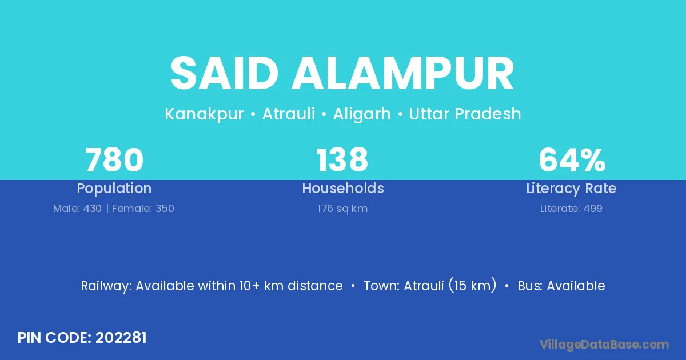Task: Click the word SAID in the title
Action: pos(224,73)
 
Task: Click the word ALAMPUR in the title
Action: pos(402,73)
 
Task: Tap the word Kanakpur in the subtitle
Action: pos(204,114)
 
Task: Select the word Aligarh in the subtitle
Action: pos(362,114)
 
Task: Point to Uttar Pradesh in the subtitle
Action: pos(465,114)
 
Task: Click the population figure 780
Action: pos(114,160)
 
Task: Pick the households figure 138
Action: pos(342,160)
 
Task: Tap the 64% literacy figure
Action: pos(572,160)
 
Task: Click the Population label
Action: pos(114,189)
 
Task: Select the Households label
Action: pos(343,188)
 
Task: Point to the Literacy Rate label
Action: pos(571,189)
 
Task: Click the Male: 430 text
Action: pos(77,209)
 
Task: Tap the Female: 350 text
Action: pos(143,209)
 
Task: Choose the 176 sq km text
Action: pos(342,209)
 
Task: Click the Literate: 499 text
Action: pos(571,209)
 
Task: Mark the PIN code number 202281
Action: pos(121,338)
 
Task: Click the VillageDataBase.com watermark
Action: pos(604,345)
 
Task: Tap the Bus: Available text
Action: pos(561,286)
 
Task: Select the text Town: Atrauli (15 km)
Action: pos(430,286)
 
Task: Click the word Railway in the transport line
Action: pos(106,286)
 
